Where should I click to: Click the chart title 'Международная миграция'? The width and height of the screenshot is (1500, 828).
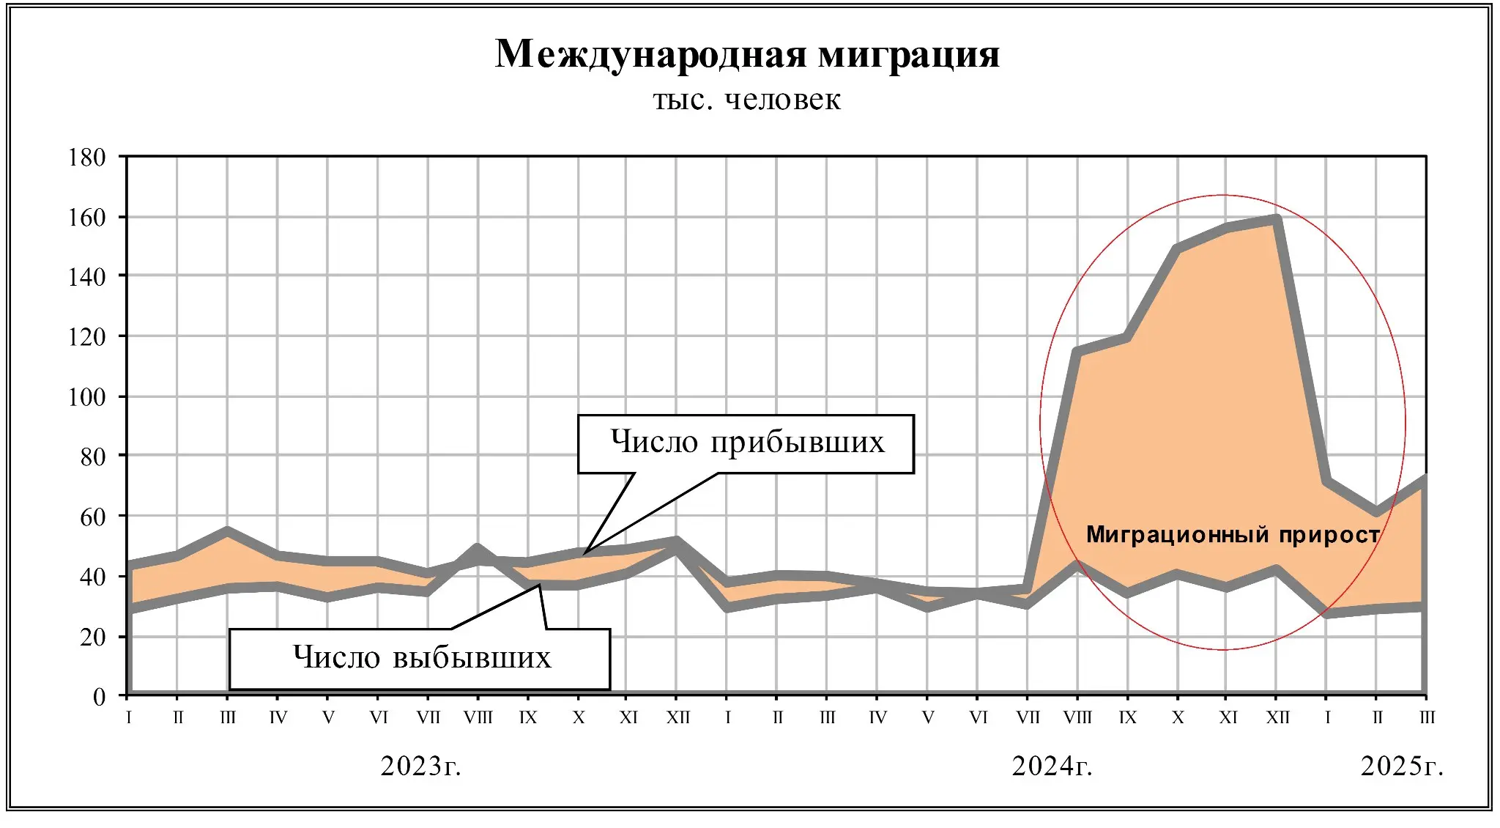click(747, 53)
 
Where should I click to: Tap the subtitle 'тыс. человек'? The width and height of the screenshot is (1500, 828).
click(747, 100)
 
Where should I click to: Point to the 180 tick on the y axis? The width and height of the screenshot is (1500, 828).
click(87, 157)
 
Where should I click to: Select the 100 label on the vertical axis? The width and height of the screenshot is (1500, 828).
click(87, 397)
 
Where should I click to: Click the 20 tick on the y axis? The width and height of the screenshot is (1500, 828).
click(93, 637)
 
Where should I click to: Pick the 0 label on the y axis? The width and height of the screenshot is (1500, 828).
click(99, 696)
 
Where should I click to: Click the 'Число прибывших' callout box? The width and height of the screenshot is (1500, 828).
click(746, 443)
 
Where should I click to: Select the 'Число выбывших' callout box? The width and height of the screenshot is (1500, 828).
click(420, 658)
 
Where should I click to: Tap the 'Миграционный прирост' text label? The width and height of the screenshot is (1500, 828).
click(1233, 534)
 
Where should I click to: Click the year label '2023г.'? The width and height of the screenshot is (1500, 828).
click(420, 766)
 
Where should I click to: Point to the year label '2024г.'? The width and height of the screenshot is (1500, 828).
click(1052, 766)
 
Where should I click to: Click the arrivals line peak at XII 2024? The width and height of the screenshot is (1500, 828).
click(1277, 219)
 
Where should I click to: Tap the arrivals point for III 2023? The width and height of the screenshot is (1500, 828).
click(228, 531)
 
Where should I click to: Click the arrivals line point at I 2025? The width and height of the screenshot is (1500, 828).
click(1326, 481)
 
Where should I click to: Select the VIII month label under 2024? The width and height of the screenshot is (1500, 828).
click(1077, 717)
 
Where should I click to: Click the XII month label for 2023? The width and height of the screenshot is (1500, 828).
click(677, 717)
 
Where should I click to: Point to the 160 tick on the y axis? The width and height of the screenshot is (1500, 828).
click(87, 217)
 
